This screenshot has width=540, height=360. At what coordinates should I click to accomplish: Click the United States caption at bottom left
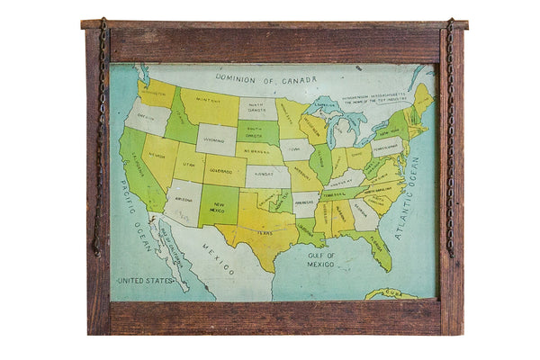pos(146,280)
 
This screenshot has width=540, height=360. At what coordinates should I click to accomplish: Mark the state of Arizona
pos(184,201)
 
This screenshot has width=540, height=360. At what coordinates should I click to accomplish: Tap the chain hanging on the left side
pos(100,135)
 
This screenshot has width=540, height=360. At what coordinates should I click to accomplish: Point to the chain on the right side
pos(449,135)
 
